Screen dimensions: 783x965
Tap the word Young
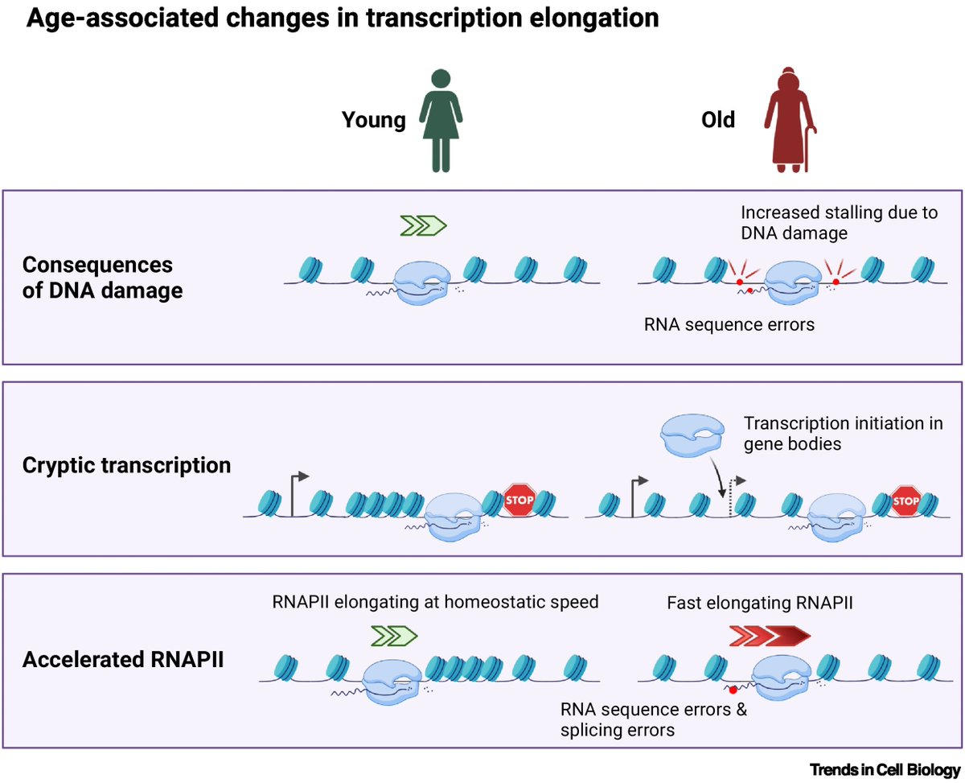[x=374, y=121]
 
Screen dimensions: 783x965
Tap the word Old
[x=717, y=120]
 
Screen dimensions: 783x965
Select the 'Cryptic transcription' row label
[x=125, y=465]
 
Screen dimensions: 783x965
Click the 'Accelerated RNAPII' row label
[x=122, y=660]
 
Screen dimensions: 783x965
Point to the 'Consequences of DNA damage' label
[x=102, y=278]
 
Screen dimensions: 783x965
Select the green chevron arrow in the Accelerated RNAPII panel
[x=395, y=637]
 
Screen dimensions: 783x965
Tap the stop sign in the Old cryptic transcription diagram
[x=906, y=501]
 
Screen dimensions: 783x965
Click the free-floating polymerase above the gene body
[x=691, y=435]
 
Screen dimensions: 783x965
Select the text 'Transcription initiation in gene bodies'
[x=842, y=433]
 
